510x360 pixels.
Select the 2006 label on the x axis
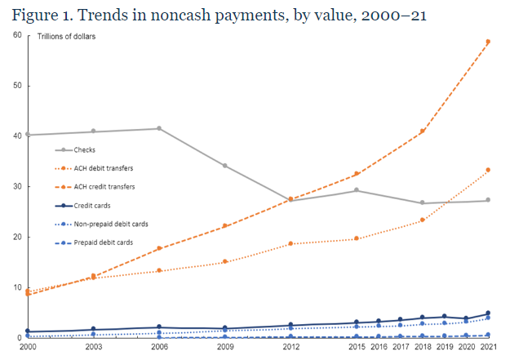[x=159, y=348]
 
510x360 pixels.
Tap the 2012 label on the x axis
[x=290, y=348]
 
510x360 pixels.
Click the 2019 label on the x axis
[x=444, y=348]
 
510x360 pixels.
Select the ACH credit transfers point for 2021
[x=488, y=42]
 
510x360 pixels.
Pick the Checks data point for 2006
[x=159, y=128]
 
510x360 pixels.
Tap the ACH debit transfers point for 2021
[x=488, y=170]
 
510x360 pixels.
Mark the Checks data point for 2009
[x=224, y=166]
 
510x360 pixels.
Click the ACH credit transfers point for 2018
[x=422, y=131]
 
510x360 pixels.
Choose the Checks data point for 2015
[x=356, y=190]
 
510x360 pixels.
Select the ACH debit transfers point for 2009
[x=224, y=262]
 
